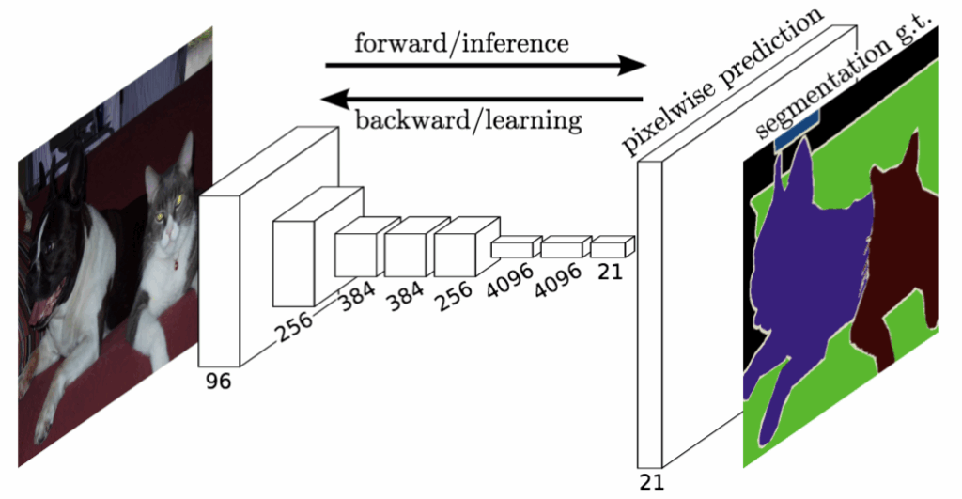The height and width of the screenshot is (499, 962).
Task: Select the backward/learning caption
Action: point(468,119)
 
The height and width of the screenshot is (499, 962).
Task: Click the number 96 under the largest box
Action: point(217,382)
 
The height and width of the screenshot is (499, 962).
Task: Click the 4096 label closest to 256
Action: point(506,280)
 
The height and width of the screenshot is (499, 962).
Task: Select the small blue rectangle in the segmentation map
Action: point(798,127)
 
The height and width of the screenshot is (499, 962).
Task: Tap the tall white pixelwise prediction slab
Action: point(649,310)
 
